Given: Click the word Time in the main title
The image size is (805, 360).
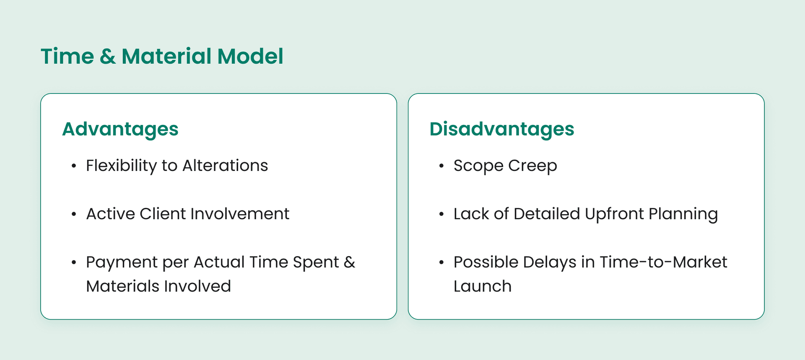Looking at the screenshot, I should point(67,57).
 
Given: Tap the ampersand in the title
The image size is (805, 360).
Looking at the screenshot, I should point(108,57).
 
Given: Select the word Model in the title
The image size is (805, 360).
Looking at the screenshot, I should point(250,57).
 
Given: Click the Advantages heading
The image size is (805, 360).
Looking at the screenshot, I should point(120,129).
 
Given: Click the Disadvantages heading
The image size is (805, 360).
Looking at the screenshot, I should point(502,129).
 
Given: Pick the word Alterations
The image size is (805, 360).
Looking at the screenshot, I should point(225,166).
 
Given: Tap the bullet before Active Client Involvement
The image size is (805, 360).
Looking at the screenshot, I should point(74,215).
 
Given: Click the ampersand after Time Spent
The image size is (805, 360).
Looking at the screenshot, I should point(349,262).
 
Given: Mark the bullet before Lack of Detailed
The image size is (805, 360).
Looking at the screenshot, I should point(441,215).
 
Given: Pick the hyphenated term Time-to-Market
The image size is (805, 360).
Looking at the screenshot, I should point(663,262).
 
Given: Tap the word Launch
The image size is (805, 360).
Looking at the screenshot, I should point(483,287).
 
